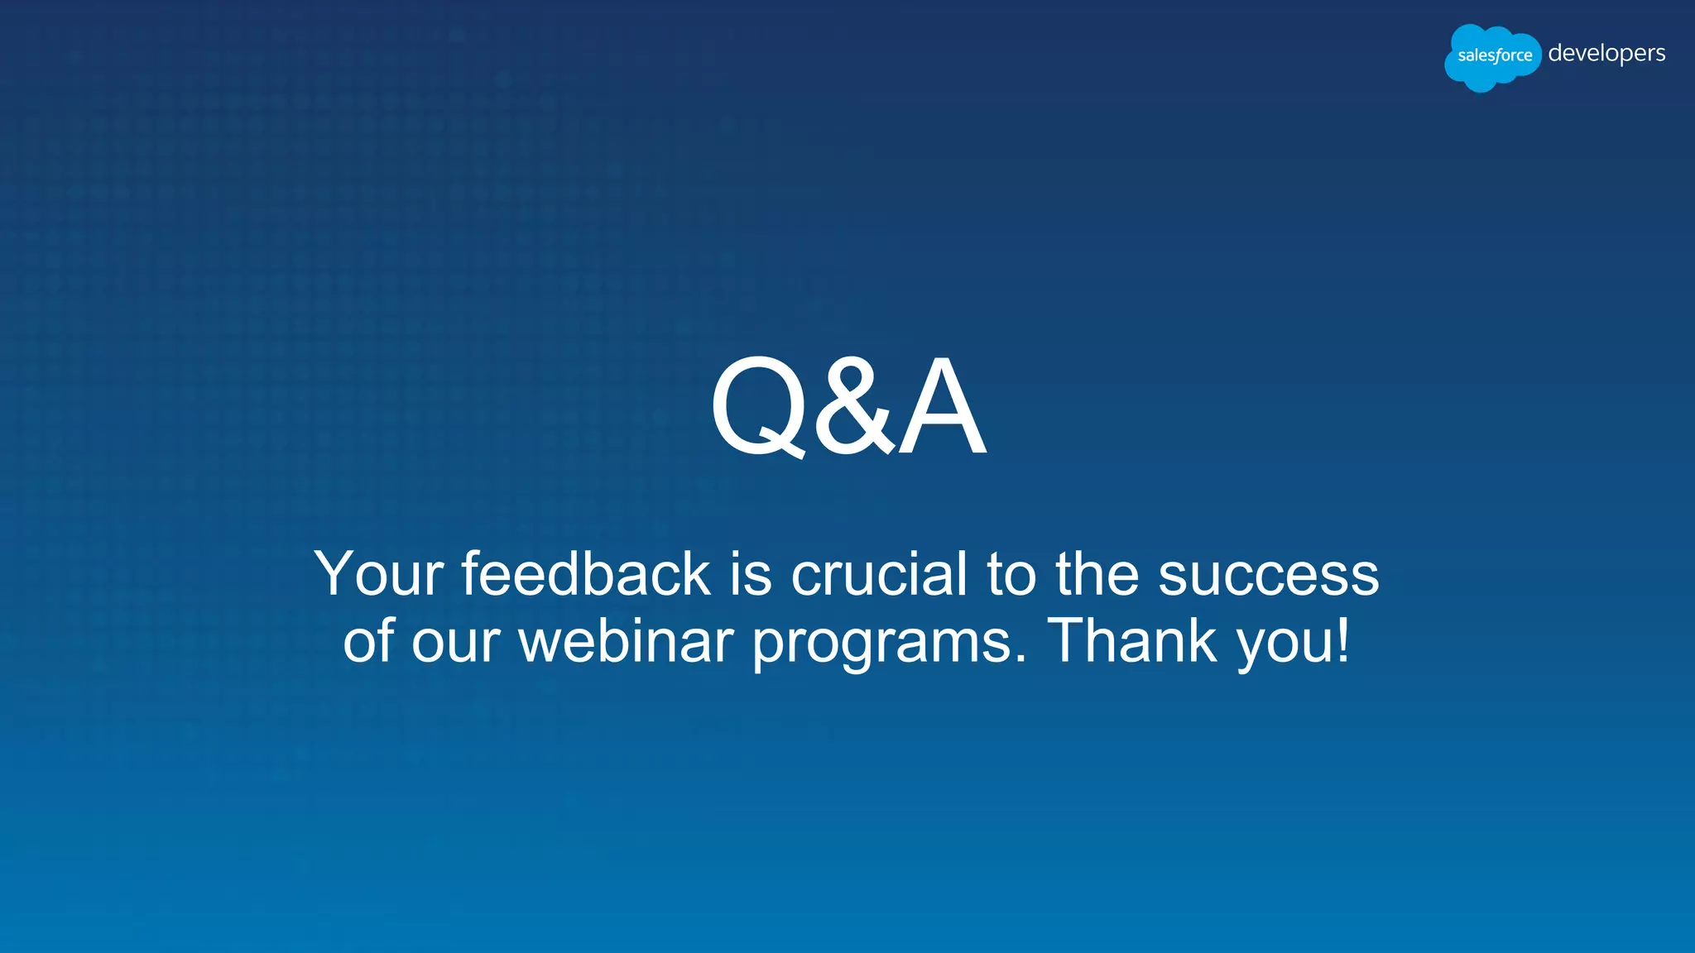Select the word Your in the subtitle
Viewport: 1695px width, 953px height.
tap(379, 573)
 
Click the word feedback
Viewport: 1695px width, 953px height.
tap(586, 573)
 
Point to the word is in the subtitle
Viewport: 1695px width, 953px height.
tap(751, 573)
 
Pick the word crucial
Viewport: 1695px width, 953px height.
tap(879, 573)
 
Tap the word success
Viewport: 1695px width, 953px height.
tap(1268, 573)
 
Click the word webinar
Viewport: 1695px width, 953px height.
tap(626, 640)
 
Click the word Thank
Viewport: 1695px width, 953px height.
tap(1132, 640)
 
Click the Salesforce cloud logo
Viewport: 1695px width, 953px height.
tap(1493, 56)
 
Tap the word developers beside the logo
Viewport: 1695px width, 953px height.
tap(1606, 54)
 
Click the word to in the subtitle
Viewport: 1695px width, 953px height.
tap(1011, 573)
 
